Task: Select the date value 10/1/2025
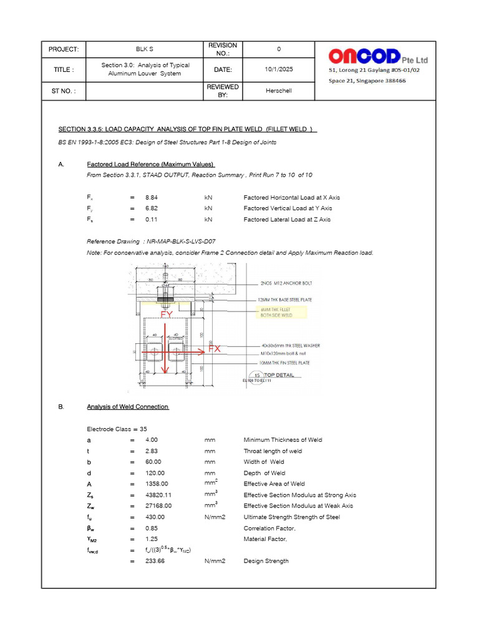tap(278, 69)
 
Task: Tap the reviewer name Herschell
tap(278, 90)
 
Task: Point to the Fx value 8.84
tap(151, 197)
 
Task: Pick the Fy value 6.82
tap(151, 208)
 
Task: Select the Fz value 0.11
tap(151, 220)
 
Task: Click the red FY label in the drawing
tap(167, 315)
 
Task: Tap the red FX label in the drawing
tap(214, 349)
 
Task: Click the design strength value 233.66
tap(155, 561)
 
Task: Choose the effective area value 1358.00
tap(156, 484)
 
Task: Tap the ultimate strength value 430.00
tap(155, 517)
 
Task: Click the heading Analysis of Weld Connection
tap(127, 407)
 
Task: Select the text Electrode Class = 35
tap(117, 429)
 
